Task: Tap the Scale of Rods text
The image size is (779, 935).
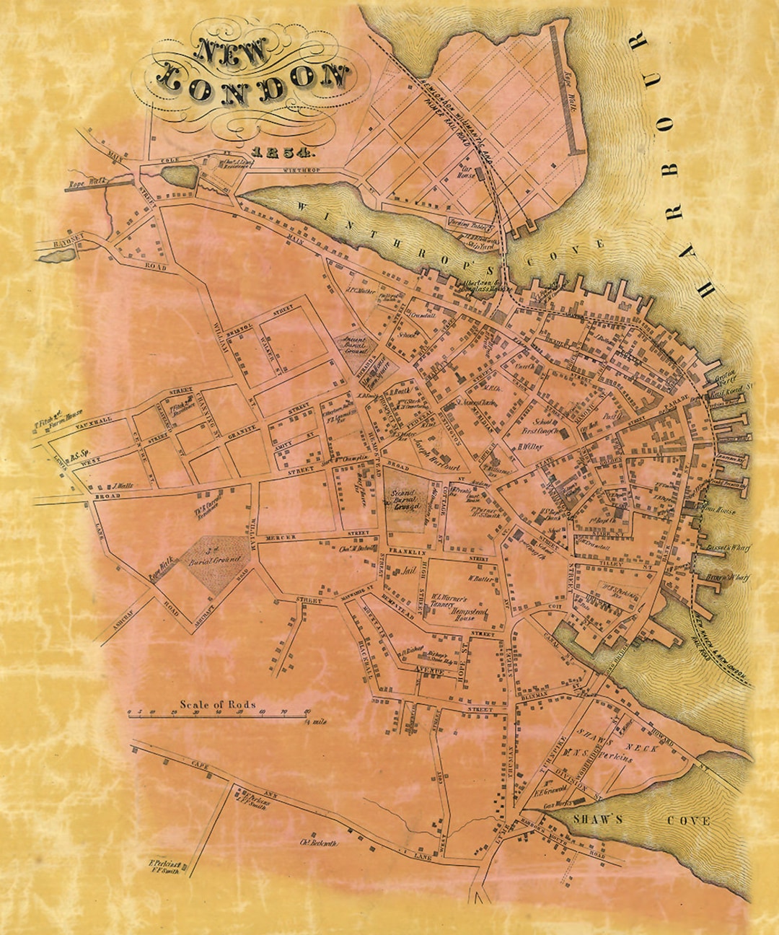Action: click(218, 704)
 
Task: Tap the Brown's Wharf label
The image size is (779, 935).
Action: click(729, 576)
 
